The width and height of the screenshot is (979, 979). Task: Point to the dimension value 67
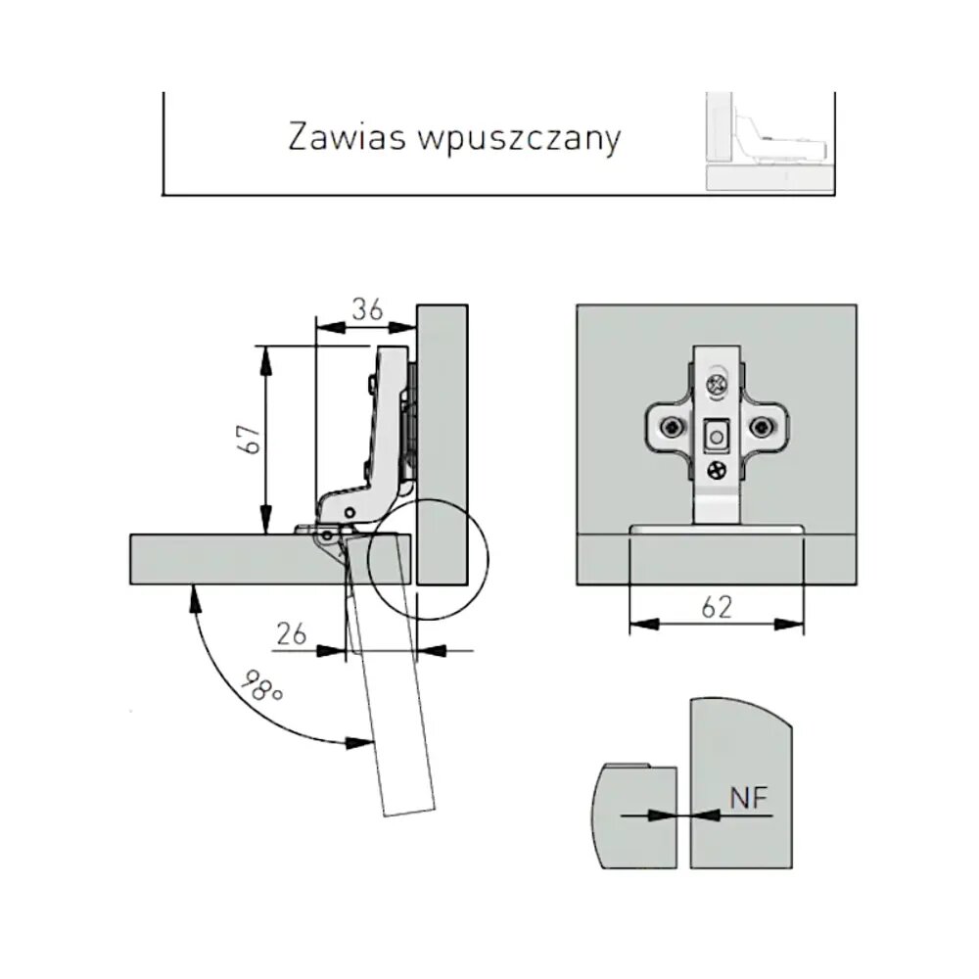tap(250, 438)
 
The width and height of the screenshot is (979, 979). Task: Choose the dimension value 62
tap(717, 608)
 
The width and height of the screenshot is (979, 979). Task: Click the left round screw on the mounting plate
tap(672, 428)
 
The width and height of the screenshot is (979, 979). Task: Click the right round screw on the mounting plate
tap(762, 428)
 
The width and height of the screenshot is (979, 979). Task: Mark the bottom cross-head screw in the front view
tap(718, 470)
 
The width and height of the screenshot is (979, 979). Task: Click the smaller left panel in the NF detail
tap(636, 815)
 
